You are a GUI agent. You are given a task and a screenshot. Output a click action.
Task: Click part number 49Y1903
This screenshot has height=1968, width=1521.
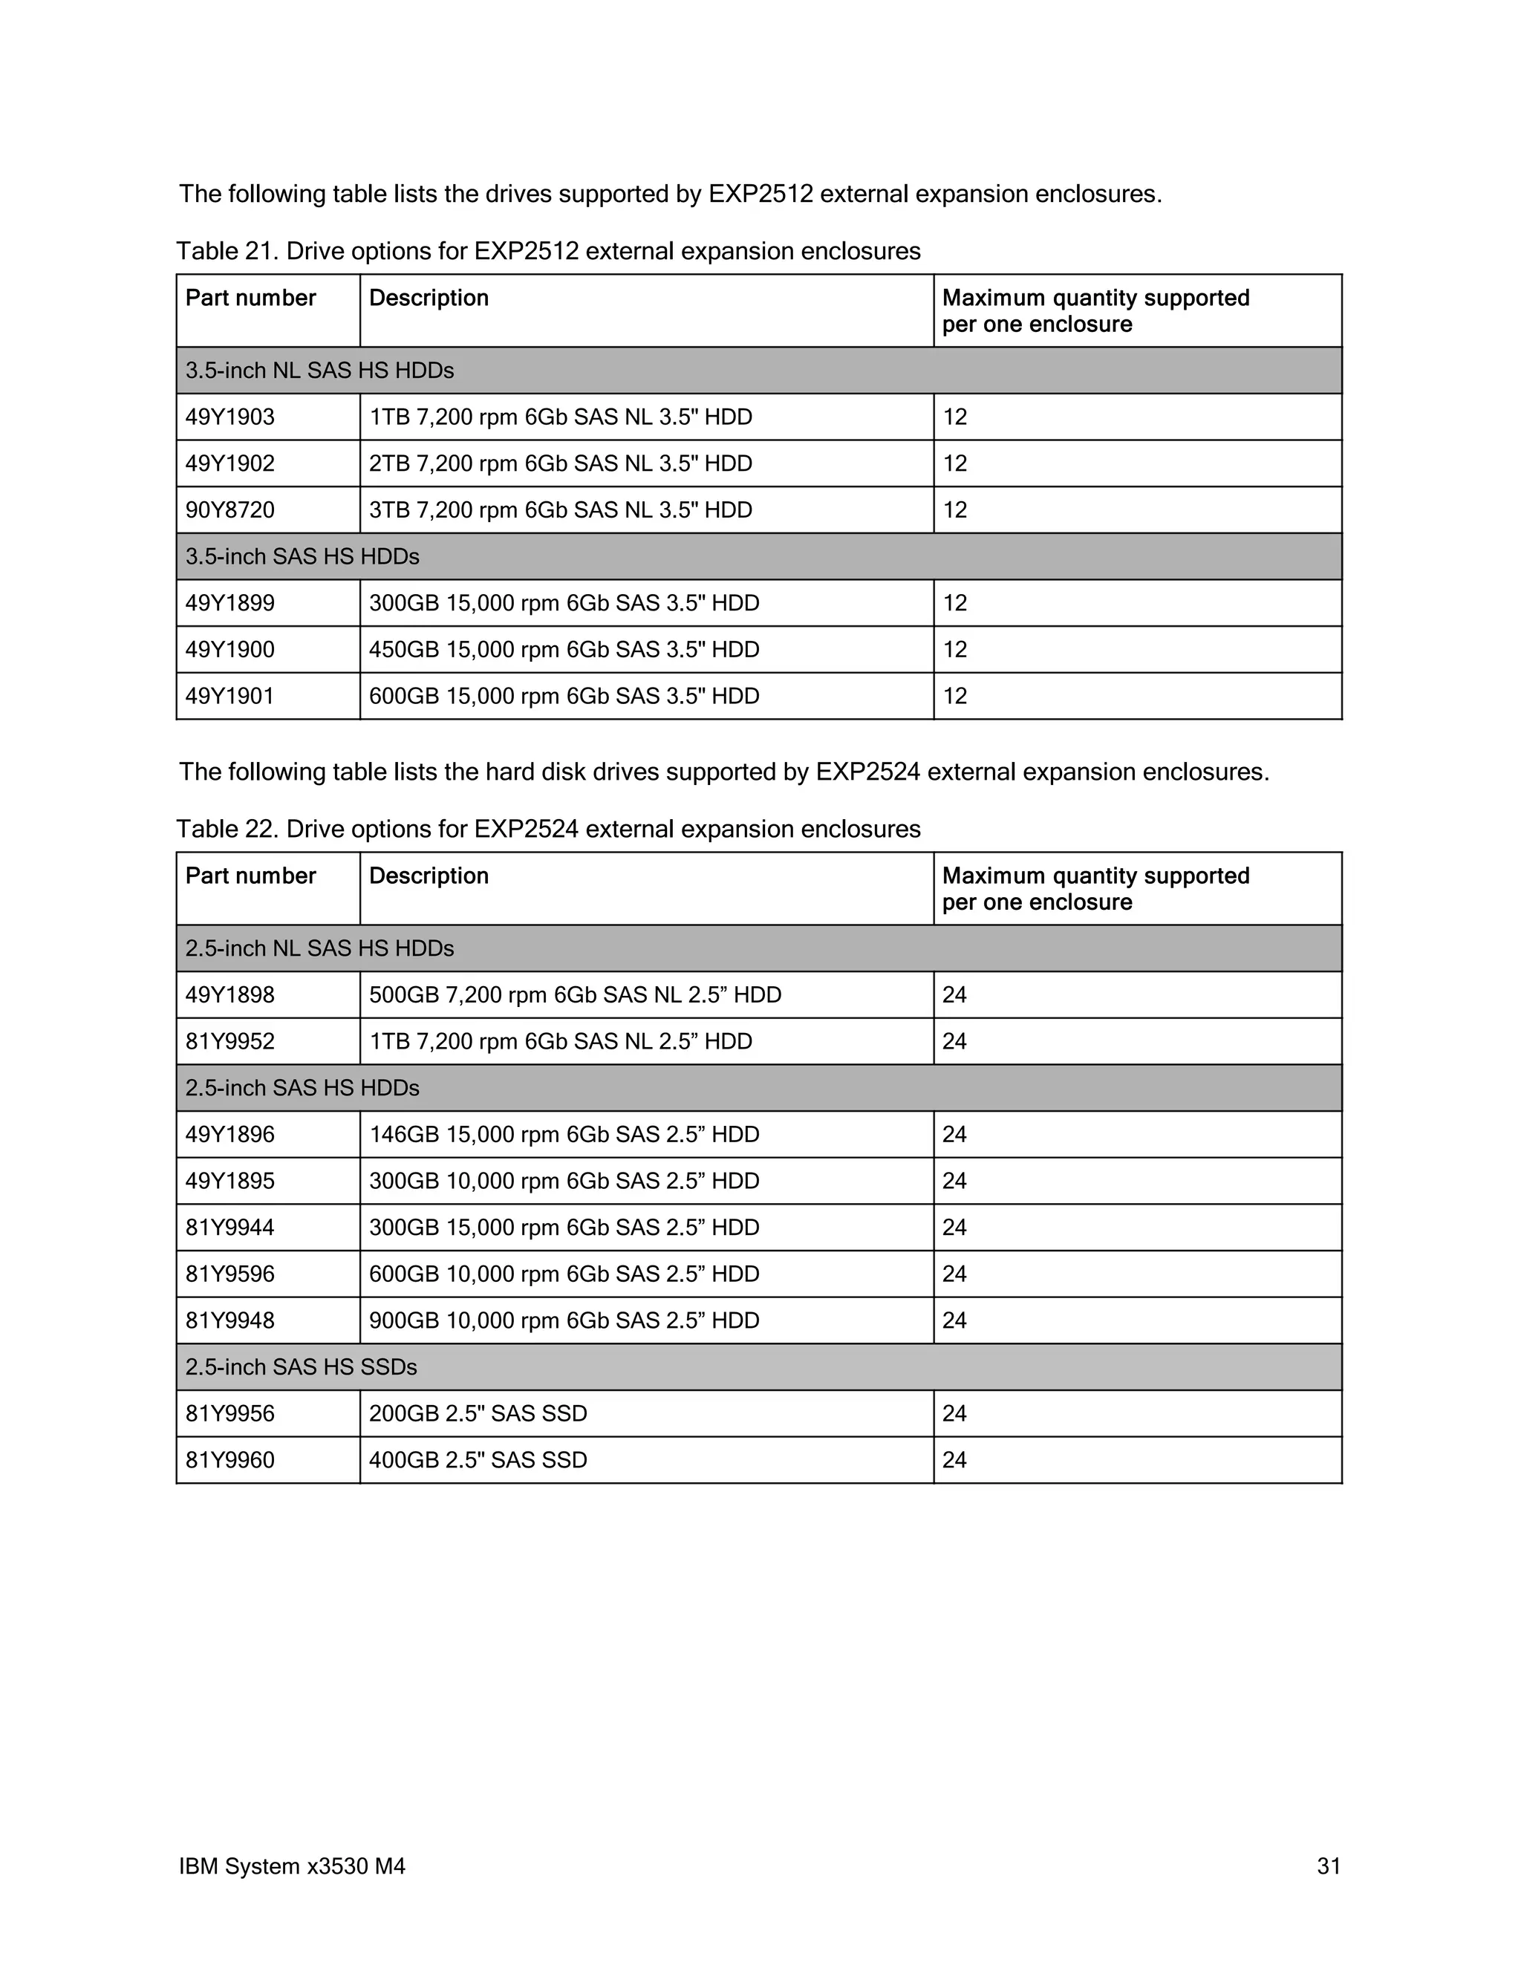(x=229, y=417)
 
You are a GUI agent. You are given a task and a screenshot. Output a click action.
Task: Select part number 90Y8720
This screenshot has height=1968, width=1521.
(x=229, y=510)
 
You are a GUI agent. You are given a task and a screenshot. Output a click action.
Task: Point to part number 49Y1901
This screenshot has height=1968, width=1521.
(x=229, y=696)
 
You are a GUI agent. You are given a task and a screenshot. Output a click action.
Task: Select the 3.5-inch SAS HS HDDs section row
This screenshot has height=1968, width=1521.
(x=303, y=557)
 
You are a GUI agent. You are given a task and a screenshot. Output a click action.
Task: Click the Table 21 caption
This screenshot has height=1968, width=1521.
(x=548, y=252)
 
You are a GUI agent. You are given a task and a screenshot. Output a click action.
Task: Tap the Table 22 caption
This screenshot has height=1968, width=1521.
(x=548, y=829)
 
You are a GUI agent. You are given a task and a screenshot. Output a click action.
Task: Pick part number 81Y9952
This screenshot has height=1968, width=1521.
(x=229, y=1042)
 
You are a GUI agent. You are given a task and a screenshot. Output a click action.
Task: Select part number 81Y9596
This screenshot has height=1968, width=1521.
(x=229, y=1274)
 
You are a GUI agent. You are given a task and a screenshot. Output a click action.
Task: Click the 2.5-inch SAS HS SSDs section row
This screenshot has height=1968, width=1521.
(x=301, y=1367)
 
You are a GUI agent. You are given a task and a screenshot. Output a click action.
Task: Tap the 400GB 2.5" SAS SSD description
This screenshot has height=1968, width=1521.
(x=478, y=1460)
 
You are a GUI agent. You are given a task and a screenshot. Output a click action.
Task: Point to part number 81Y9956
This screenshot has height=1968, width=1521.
(x=229, y=1413)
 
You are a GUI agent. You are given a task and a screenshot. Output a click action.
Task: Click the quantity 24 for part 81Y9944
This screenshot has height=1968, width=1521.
(x=954, y=1228)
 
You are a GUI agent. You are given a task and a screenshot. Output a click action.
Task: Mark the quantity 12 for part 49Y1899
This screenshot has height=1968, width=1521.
(x=954, y=603)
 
